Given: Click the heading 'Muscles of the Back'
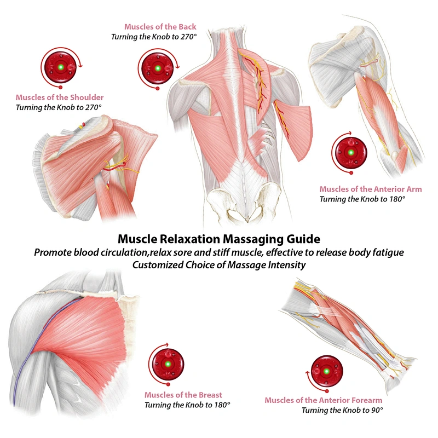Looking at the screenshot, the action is click(160, 27).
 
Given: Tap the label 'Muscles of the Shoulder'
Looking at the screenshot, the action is click(60, 97).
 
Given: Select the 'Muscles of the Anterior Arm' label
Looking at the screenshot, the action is click(371, 189).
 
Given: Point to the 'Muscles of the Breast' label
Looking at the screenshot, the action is click(183, 395).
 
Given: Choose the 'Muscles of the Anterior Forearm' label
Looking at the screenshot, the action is click(323, 400).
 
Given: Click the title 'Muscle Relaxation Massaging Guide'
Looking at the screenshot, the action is click(219, 239).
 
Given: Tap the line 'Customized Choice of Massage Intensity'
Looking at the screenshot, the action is click(219, 265).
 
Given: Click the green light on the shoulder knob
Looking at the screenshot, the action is click(61, 67).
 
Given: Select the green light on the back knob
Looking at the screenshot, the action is click(158, 68).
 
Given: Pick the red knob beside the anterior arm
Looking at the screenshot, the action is click(351, 153).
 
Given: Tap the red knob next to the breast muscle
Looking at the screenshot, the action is click(168, 364).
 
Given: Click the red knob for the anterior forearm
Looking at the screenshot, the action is click(326, 372).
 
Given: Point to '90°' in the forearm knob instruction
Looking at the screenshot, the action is click(377, 410).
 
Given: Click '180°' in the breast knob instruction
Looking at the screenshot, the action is click(222, 405).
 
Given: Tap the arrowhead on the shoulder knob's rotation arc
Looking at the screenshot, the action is click(80, 66).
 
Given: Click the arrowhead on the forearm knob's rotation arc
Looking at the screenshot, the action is click(308, 373).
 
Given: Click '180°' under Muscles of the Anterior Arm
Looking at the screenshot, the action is click(397, 199).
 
